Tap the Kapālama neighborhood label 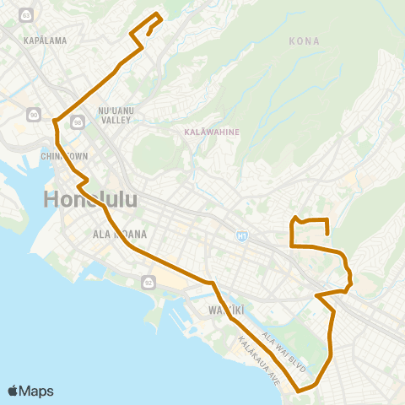45,40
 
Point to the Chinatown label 65,156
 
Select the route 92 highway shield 149,281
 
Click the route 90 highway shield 33,115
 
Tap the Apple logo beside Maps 13,391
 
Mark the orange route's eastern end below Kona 327,235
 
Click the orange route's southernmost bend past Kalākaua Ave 300,391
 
